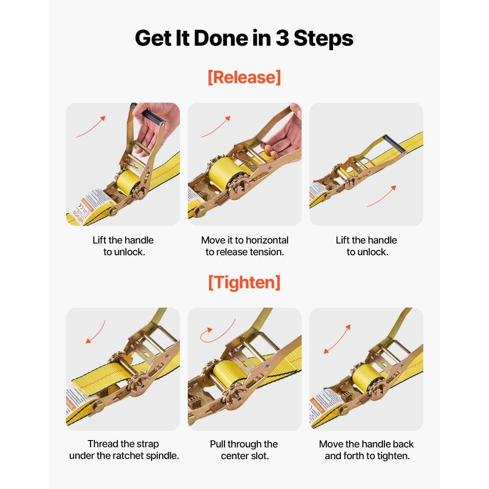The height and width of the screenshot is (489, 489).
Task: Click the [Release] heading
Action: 244,77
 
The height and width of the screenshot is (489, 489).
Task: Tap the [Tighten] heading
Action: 244,282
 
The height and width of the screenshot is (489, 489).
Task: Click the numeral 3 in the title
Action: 282,38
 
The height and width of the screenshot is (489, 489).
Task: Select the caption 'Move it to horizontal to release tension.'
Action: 244,246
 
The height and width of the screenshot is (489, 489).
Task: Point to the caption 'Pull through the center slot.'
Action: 244,450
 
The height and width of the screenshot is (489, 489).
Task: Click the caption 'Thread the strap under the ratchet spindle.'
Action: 123,450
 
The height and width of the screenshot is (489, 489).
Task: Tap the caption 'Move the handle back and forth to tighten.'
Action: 366,450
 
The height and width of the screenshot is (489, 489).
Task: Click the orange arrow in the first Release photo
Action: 90,127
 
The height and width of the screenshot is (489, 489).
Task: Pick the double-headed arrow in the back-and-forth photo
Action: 337,339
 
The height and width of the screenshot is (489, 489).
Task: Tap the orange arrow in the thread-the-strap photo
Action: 95,332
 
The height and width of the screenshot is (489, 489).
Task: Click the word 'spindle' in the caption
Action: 162,456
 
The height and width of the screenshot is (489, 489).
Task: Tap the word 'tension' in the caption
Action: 267,252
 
